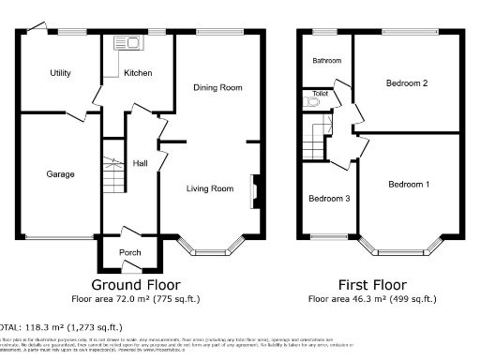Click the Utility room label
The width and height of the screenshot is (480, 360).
[61, 72]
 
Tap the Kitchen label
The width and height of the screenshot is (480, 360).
[138, 72]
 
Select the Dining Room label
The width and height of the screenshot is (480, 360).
[217, 87]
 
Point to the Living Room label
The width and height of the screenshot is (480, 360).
[210, 188]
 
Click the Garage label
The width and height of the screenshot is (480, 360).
[61, 173]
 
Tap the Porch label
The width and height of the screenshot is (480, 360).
[129, 253]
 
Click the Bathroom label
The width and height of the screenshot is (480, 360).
[327, 61]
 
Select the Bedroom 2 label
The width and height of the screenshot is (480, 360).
[407, 82]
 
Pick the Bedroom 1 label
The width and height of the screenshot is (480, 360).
[409, 184]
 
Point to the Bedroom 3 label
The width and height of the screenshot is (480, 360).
[329, 199]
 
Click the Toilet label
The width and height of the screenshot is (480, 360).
[321, 94]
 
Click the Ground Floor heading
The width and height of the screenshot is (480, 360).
[136, 284]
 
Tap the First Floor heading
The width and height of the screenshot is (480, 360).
[372, 284]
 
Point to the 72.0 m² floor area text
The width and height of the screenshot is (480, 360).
[136, 299]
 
